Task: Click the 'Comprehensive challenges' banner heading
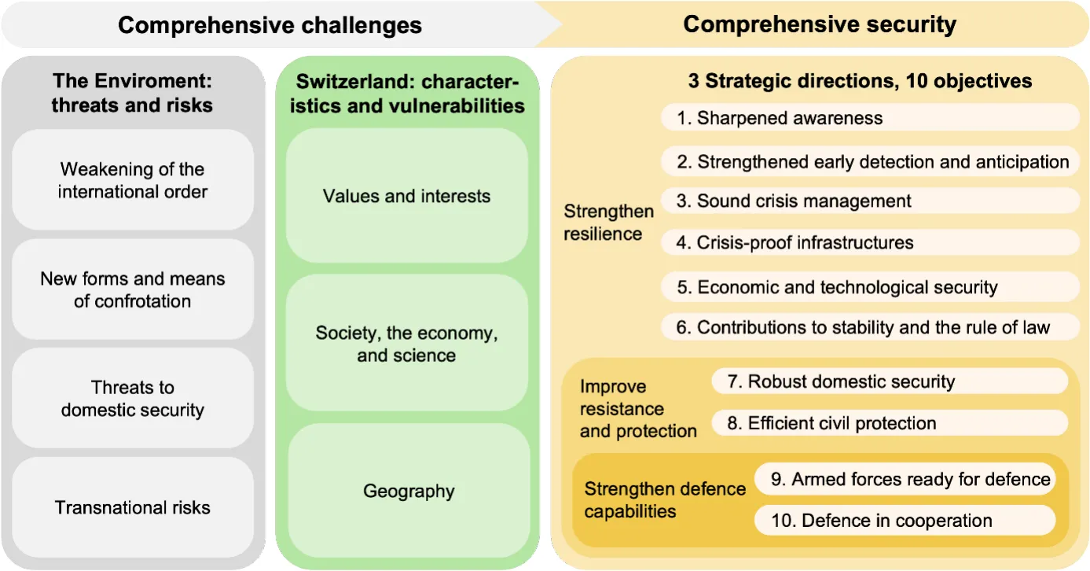click(270, 25)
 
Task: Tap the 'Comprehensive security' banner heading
click(820, 24)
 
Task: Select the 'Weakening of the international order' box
click(132, 180)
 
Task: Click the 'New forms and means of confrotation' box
click(132, 289)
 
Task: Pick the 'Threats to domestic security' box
click(132, 398)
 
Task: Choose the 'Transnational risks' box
click(132, 507)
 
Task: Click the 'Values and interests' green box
click(407, 196)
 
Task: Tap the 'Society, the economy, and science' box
click(407, 343)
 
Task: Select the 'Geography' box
click(409, 490)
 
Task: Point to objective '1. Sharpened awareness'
click(870, 117)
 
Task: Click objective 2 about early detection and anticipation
click(870, 161)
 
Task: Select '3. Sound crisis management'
click(870, 201)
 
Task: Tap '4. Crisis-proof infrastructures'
click(870, 242)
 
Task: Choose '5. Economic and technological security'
click(870, 287)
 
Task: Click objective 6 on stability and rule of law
click(870, 327)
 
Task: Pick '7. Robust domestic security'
click(890, 381)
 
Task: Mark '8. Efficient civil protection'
click(890, 423)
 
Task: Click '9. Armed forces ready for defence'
click(905, 479)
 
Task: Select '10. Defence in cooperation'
click(905, 520)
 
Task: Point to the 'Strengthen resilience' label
click(608, 222)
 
